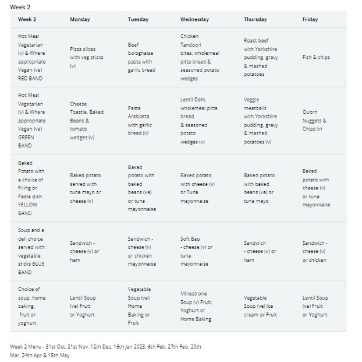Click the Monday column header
point(80,19)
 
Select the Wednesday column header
point(194,19)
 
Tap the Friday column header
point(310,19)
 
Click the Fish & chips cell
point(316,57)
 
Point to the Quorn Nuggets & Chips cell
point(314,121)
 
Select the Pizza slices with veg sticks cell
point(87,57)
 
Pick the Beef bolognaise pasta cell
point(141,57)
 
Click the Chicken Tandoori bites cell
point(200,57)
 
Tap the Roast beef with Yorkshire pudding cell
point(261,57)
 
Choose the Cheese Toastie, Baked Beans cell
point(87,121)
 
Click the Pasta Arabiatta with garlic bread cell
point(140,121)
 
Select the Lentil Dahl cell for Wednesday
point(199,121)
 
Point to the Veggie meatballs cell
point(261,121)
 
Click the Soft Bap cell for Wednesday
point(197,251)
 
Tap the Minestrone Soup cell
point(196,306)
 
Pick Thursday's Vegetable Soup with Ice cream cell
point(260,306)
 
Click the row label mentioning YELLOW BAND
point(31,188)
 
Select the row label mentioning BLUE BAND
point(31,251)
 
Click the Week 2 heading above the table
point(20,7)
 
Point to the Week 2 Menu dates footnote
point(105,351)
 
